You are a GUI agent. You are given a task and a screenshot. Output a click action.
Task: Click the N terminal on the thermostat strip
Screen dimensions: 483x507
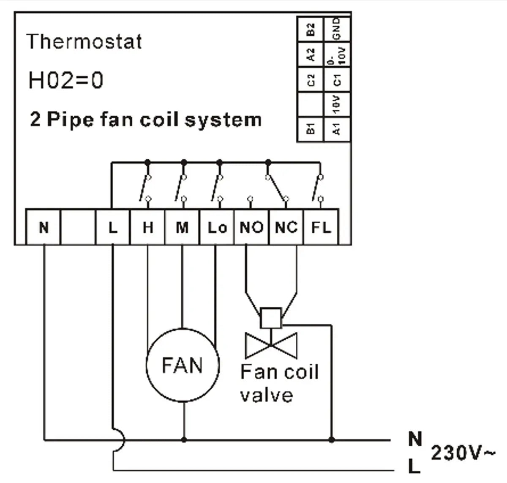(44, 227)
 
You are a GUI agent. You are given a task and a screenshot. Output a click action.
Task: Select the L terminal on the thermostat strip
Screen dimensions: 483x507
(112, 227)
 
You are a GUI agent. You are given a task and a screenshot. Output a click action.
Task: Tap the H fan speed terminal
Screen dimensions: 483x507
(147, 227)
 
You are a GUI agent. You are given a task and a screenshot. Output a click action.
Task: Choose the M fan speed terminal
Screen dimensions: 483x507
(182, 227)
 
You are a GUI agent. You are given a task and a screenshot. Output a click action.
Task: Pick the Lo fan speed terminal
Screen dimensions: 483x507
(217, 227)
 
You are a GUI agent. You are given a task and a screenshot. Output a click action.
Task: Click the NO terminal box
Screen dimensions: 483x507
(251, 227)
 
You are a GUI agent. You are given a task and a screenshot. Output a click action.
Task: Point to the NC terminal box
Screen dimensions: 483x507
(286, 227)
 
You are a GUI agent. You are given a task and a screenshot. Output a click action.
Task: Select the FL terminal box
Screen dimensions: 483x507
(321, 227)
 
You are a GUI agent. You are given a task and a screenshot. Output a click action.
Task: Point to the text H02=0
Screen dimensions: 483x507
(65, 80)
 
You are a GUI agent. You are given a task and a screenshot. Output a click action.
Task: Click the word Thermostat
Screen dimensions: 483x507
(84, 42)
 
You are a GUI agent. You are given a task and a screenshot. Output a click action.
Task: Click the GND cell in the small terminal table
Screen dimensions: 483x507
(337, 29)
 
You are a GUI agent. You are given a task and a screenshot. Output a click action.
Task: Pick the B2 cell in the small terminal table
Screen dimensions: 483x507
(311, 29)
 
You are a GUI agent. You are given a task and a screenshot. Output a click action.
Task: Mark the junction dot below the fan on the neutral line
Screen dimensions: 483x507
(183, 440)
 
